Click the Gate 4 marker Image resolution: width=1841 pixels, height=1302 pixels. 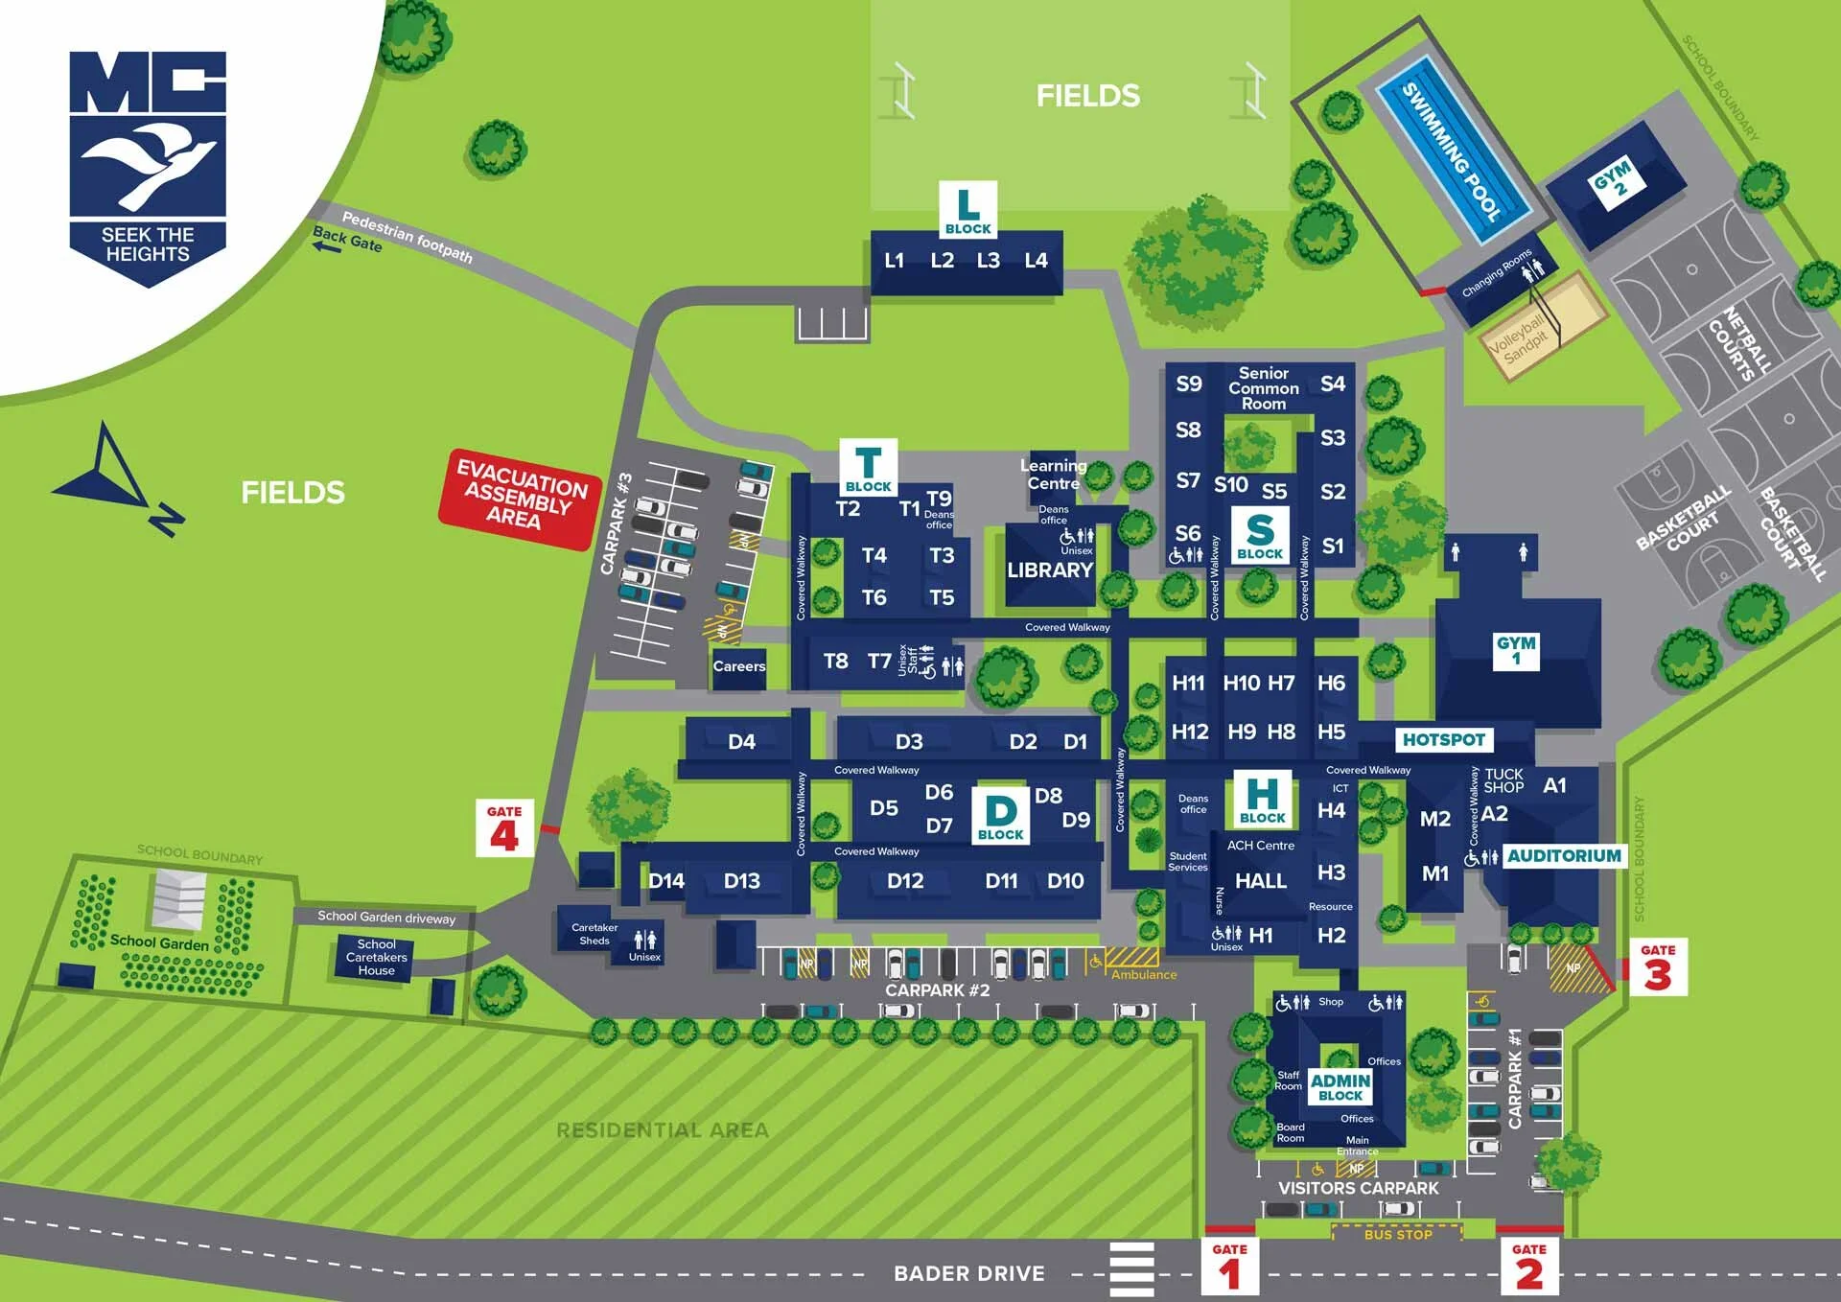click(504, 828)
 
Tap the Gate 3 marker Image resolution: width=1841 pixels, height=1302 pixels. click(1658, 966)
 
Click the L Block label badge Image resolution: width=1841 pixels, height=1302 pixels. click(967, 209)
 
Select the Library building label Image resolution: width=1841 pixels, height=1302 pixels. click(1050, 570)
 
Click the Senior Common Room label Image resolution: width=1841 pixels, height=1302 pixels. click(1263, 388)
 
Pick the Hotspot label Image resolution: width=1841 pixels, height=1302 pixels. click(1443, 739)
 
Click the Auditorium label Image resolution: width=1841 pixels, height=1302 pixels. click(1564, 855)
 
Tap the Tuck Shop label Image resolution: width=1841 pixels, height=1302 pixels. click(1503, 780)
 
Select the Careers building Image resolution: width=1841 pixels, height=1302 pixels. click(738, 665)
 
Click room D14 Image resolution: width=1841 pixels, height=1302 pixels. click(665, 880)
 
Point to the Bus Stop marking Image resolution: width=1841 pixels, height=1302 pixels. click(1397, 1234)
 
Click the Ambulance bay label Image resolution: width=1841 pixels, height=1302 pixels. click(1143, 974)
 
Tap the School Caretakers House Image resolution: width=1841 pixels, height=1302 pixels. click(376, 957)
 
